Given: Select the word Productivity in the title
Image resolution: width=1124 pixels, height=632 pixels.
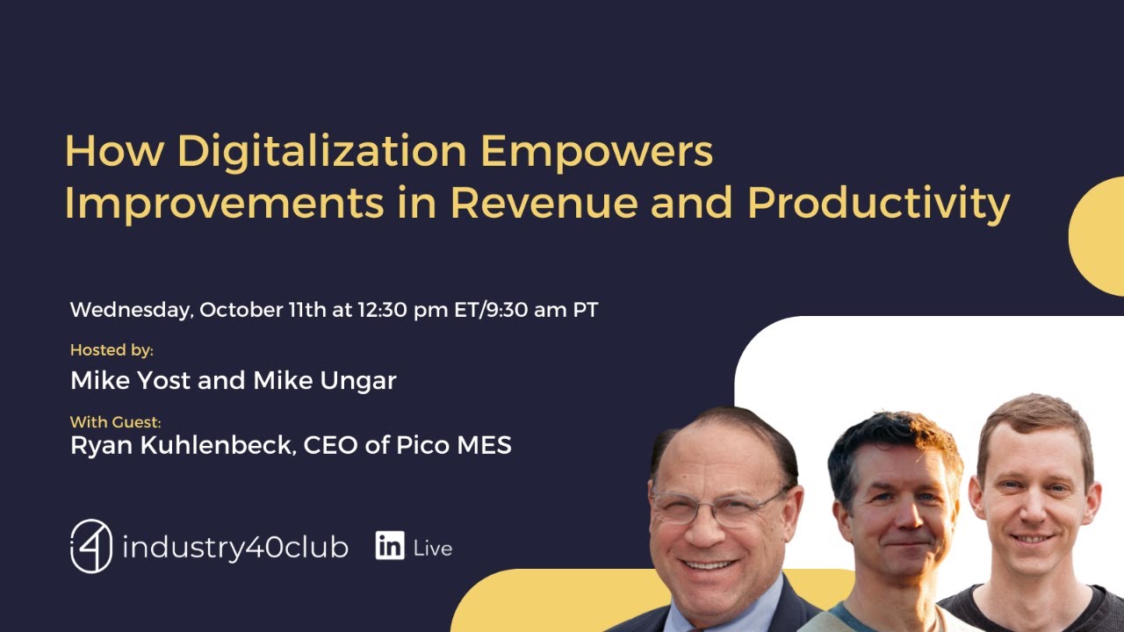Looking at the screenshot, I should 878,204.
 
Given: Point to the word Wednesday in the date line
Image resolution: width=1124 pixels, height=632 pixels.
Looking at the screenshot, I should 131,311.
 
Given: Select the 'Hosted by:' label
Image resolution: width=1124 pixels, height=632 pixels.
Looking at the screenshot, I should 112,350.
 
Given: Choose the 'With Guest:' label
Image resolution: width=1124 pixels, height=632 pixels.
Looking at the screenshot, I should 116,422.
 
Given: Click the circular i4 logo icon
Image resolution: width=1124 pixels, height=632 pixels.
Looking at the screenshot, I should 91,546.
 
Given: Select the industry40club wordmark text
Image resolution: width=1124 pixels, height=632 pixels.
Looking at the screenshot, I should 234,548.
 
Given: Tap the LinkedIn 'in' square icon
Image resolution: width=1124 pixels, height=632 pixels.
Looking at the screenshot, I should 389,546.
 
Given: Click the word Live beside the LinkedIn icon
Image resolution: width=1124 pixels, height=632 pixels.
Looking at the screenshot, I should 432,549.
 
